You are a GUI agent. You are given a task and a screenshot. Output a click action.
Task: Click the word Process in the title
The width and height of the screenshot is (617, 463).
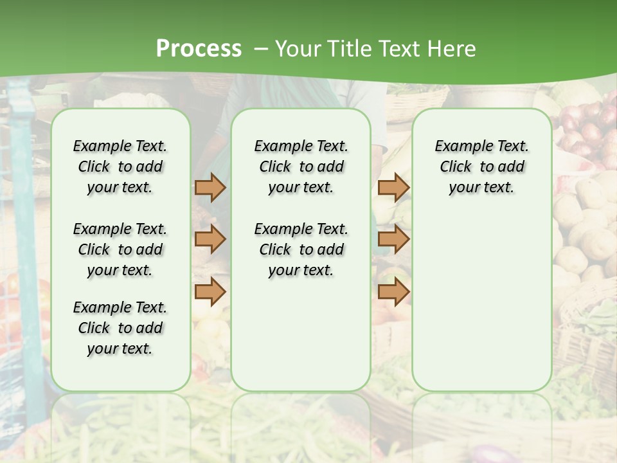coord(199,48)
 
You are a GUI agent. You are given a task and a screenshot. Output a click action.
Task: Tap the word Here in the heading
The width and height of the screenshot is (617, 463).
coord(452,49)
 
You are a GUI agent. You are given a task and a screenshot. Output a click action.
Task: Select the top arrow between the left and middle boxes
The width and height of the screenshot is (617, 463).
coord(210,187)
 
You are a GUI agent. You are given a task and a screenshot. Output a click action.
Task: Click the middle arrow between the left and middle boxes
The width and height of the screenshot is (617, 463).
coord(210,239)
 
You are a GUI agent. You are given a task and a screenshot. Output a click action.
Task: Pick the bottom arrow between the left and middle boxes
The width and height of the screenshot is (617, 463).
coord(210,291)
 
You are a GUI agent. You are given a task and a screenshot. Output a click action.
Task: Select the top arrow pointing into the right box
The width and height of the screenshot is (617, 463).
coord(393,187)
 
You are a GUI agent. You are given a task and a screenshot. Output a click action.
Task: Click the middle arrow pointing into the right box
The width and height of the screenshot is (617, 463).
coord(393,239)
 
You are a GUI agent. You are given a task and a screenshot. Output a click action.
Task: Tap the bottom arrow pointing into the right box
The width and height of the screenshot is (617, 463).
coord(393,291)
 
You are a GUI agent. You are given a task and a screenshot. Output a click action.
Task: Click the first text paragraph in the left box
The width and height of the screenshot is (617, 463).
coord(120,167)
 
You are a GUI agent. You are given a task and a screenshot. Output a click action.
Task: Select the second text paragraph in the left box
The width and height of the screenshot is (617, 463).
coord(120,250)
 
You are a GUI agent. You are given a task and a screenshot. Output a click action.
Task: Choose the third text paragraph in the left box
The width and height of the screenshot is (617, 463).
coord(120,328)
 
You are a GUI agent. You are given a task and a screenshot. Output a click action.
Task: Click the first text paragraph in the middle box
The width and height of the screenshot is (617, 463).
coord(301,167)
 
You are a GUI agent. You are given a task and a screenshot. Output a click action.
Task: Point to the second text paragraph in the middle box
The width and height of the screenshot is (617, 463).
coord(301,250)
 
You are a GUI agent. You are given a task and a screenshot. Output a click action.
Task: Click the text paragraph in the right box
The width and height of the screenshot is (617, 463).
coord(481,167)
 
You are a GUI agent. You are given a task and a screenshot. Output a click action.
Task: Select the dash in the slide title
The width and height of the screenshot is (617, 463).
coord(260,49)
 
